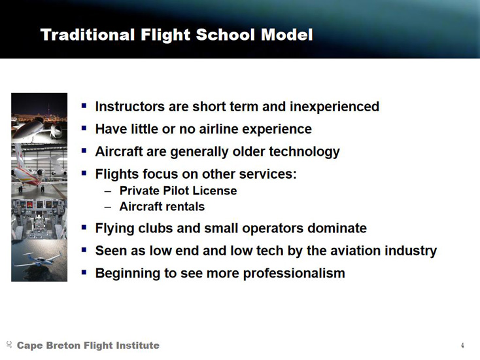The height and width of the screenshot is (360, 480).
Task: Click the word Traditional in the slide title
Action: pos(88,35)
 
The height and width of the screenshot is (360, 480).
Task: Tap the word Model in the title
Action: pos(287,35)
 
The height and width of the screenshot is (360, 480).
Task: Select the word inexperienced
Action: pos(335,107)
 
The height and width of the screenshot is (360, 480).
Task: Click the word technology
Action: pos(304,152)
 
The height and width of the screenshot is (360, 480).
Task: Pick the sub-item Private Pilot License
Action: pos(178,191)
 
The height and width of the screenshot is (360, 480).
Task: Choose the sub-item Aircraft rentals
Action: pos(162,206)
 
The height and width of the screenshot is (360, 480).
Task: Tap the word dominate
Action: pos(337,228)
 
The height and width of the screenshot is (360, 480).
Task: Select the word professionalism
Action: pos(294,274)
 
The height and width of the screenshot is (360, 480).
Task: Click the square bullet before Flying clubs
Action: pos(84,227)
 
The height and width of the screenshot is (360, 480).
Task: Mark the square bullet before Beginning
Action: pos(84,272)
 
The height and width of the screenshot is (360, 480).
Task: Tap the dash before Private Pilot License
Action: pos(108,192)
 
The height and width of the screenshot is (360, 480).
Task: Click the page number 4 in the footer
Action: pos(462,346)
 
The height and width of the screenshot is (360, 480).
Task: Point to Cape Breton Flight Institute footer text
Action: pos(88,346)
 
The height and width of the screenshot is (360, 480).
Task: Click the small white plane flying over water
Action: pos(39,260)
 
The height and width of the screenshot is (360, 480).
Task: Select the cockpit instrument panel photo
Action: pos(39,219)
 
